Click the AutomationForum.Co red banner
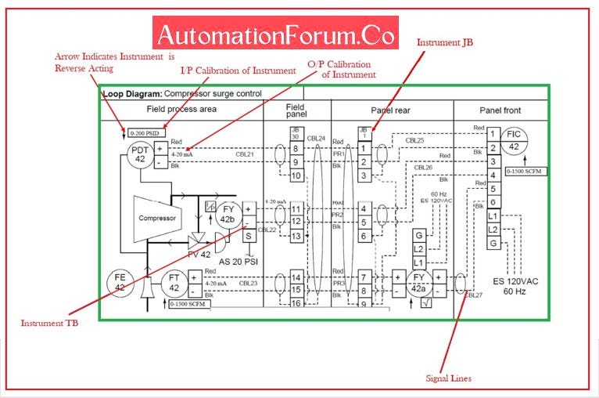tap(276, 35)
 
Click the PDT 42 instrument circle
tap(140, 154)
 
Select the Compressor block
tap(157, 219)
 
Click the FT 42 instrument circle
tap(174, 283)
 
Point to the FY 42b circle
tap(228, 214)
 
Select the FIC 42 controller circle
tap(514, 139)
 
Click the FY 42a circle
tap(418, 283)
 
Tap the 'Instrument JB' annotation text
tap(445, 42)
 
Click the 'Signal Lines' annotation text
tap(448, 378)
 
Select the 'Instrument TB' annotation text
tap(43, 324)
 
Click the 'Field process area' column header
tap(181, 110)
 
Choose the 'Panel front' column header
tap(500, 110)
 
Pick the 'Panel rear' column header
tap(392, 110)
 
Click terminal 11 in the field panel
tap(296, 209)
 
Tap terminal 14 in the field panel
tap(296, 277)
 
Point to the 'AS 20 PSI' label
tap(238, 261)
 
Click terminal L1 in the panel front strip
tap(493, 215)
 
